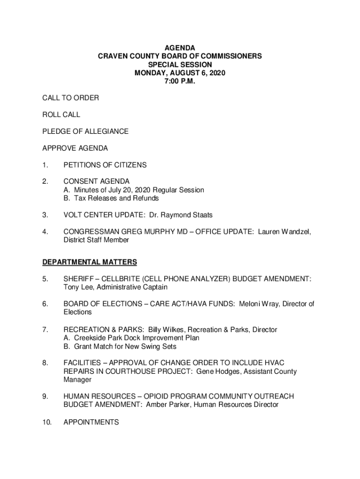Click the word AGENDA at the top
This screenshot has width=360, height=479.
pyautogui.click(x=180, y=48)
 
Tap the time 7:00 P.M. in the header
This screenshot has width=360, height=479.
pyautogui.click(x=180, y=81)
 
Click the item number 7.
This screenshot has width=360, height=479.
pyautogui.click(x=44, y=330)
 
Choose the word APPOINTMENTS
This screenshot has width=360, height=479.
pyautogui.click(x=91, y=422)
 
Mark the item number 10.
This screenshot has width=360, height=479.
pyautogui.click(x=46, y=422)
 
